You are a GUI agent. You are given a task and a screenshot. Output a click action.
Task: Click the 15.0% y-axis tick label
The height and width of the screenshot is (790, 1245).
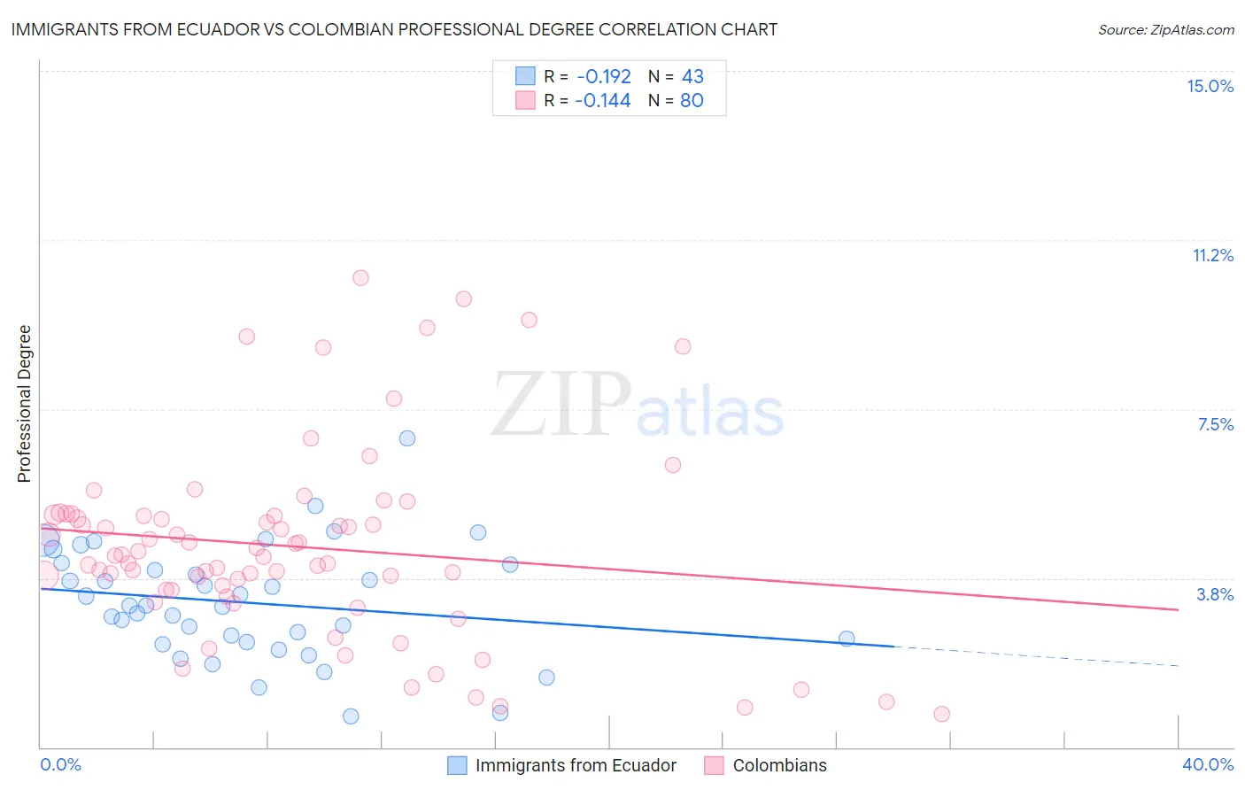(1210, 86)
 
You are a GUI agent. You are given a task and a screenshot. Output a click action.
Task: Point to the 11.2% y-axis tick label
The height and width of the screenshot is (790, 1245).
(1212, 255)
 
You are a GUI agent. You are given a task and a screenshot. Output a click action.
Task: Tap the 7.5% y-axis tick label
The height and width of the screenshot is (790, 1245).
(1215, 424)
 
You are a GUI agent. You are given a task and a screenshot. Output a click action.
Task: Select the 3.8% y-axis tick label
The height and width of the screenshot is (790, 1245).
(1215, 594)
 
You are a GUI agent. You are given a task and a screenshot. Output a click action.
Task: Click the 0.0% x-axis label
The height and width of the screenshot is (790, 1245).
(60, 764)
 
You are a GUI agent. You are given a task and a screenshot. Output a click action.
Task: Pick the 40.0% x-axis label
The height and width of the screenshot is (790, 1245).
(1207, 764)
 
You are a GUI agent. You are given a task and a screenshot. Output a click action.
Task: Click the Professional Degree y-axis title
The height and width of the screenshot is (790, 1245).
(24, 404)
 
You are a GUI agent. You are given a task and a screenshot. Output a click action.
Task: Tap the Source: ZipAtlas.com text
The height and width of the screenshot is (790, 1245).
(1165, 29)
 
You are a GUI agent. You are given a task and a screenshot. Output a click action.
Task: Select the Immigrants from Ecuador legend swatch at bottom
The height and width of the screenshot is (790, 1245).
(457, 765)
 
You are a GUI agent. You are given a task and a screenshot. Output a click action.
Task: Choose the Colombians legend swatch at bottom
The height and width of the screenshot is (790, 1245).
(714, 765)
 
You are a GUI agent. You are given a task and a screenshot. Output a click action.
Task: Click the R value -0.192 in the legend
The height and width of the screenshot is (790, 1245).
(604, 76)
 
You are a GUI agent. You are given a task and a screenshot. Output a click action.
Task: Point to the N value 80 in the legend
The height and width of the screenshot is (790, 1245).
(692, 101)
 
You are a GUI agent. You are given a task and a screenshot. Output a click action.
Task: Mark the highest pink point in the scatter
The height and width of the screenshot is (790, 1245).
(360, 278)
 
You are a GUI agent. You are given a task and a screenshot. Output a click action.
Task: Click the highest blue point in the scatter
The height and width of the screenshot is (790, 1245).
(407, 438)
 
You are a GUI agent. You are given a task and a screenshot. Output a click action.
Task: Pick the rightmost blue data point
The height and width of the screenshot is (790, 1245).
(847, 639)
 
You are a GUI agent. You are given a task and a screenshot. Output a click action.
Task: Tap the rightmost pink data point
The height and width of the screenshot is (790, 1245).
(941, 714)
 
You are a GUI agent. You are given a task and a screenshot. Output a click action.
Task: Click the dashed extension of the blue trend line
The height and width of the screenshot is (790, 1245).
(1036, 656)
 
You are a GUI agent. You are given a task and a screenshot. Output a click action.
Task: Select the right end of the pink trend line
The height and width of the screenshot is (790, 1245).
(1178, 609)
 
